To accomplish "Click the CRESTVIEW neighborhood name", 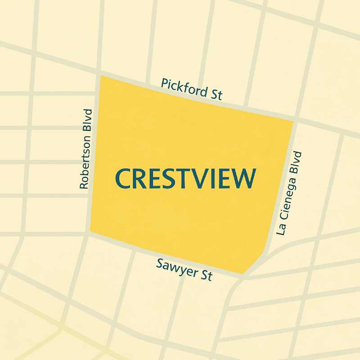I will click(185, 178).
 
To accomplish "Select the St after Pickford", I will click(216, 94).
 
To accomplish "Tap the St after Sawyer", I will click(206, 275).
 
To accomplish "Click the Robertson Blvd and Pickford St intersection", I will click(99, 73).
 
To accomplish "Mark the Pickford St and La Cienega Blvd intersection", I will click(295, 121).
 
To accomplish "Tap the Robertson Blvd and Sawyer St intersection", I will click(90, 233).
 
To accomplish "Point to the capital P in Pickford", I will click(165, 83).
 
